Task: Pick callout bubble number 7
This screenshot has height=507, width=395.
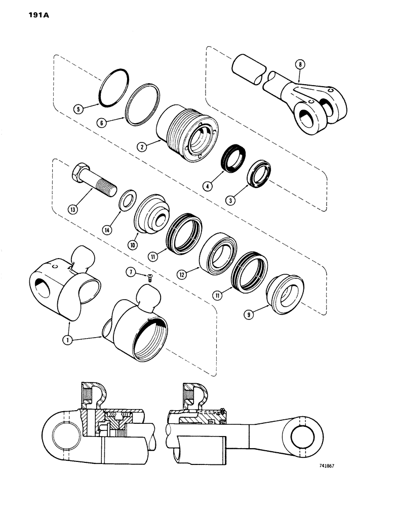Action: (131, 273)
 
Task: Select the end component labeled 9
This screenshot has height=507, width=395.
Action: (285, 296)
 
